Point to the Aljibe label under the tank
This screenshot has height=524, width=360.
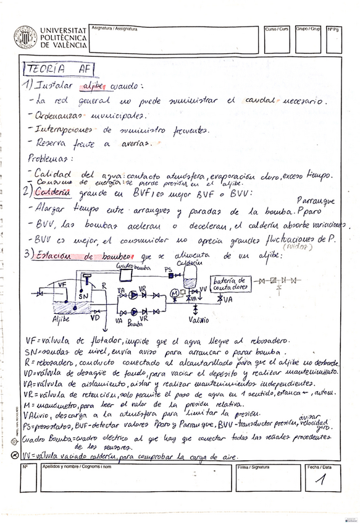point(61,319)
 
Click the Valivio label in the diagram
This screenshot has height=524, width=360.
point(199,321)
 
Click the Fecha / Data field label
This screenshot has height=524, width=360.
point(319,467)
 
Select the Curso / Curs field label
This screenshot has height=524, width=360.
point(276,28)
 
